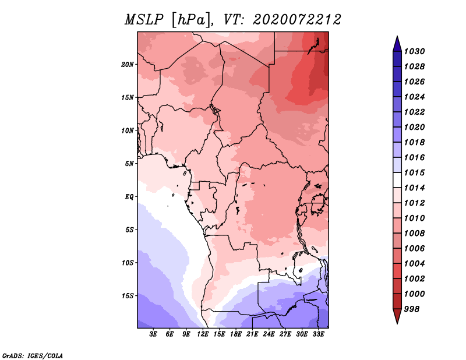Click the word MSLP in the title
point(144,20)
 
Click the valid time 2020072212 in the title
point(297,20)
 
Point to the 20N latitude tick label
point(128,65)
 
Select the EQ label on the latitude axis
point(129,197)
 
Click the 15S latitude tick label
point(128,296)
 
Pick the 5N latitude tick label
point(129,164)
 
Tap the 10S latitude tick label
point(128,263)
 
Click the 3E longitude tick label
point(153,334)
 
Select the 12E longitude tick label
point(203,334)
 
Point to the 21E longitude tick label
point(252,334)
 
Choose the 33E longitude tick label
point(318,334)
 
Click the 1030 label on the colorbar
point(415,51)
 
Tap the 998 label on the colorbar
point(412,309)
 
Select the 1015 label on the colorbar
point(415,172)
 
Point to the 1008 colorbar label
point(415,234)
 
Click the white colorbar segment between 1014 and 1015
point(397,180)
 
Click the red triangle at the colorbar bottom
point(397,316)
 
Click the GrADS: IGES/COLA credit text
point(33,355)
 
